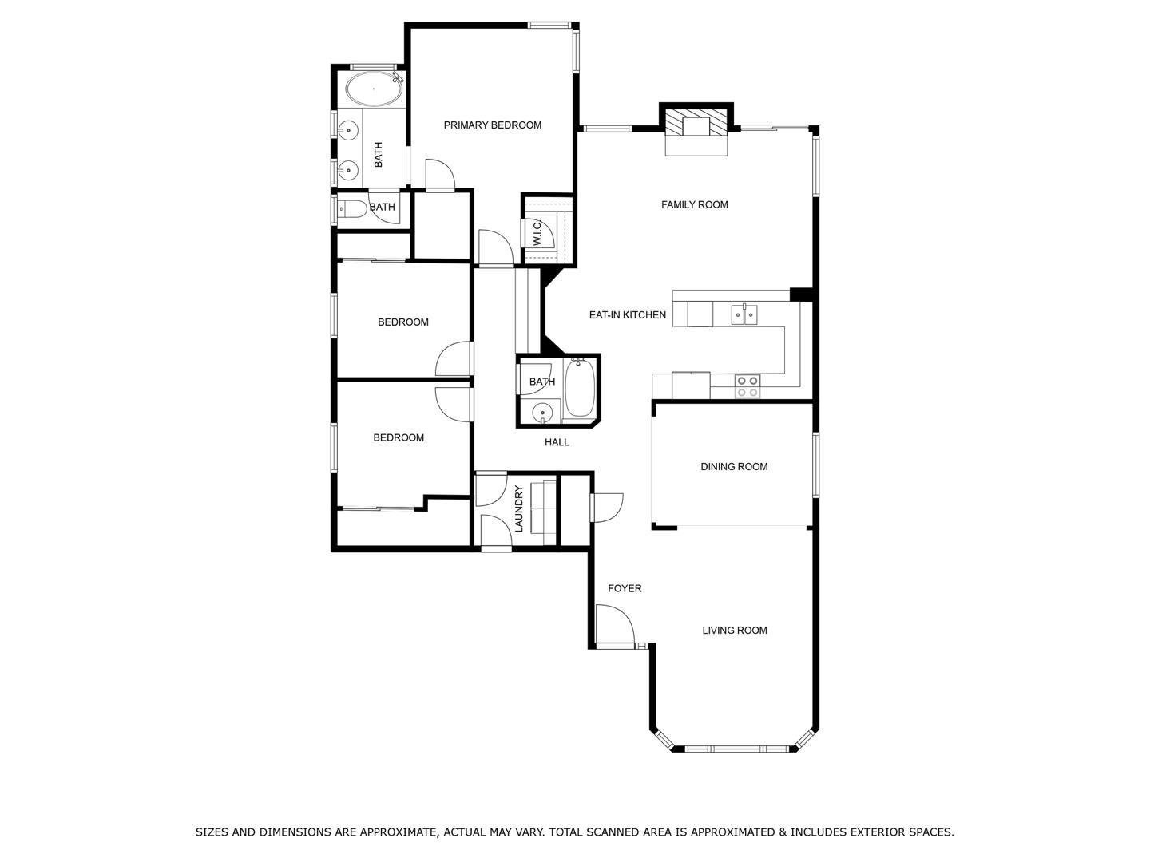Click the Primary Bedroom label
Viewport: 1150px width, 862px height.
(x=492, y=125)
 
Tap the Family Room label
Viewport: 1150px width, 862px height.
(x=694, y=205)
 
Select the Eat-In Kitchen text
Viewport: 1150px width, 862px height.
(x=627, y=315)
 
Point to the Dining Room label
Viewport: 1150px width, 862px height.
(x=734, y=467)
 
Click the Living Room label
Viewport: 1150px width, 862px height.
(x=734, y=631)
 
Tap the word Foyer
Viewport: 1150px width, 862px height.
(x=624, y=589)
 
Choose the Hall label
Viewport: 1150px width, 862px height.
(x=557, y=442)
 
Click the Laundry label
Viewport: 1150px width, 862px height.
(x=519, y=508)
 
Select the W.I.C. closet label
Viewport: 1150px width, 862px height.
(x=537, y=232)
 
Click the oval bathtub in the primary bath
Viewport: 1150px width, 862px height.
(x=374, y=89)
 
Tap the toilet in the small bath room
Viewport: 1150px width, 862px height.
(x=352, y=209)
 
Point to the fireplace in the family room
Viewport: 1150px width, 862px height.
(x=696, y=126)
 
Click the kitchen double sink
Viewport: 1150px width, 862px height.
(x=744, y=315)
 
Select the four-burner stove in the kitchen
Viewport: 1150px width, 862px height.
(x=747, y=386)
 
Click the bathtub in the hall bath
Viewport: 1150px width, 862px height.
(x=578, y=389)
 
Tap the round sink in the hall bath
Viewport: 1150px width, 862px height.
(x=542, y=413)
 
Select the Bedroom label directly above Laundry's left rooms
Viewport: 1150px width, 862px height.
(x=399, y=438)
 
